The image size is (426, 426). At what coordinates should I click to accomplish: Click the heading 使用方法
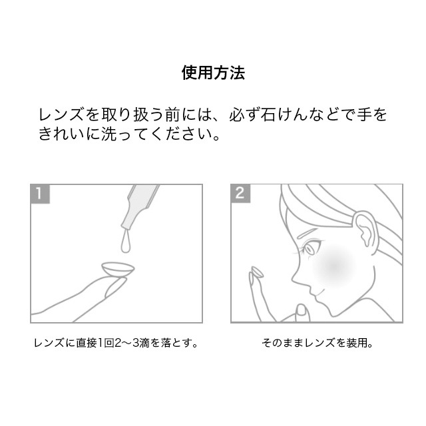213,73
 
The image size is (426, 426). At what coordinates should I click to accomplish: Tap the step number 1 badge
40,194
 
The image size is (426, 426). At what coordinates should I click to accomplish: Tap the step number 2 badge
240,193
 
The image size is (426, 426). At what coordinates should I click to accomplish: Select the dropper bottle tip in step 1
126,225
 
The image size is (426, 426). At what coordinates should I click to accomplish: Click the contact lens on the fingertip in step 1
118,269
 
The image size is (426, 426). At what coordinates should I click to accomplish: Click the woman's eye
310,248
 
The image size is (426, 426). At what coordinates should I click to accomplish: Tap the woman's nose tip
293,279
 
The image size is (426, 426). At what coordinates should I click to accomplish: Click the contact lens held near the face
257,272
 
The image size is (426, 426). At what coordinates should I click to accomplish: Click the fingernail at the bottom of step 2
301,310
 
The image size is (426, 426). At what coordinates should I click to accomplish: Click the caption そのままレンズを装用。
317,343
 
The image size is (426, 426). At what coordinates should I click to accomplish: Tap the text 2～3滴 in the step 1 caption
132,343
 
